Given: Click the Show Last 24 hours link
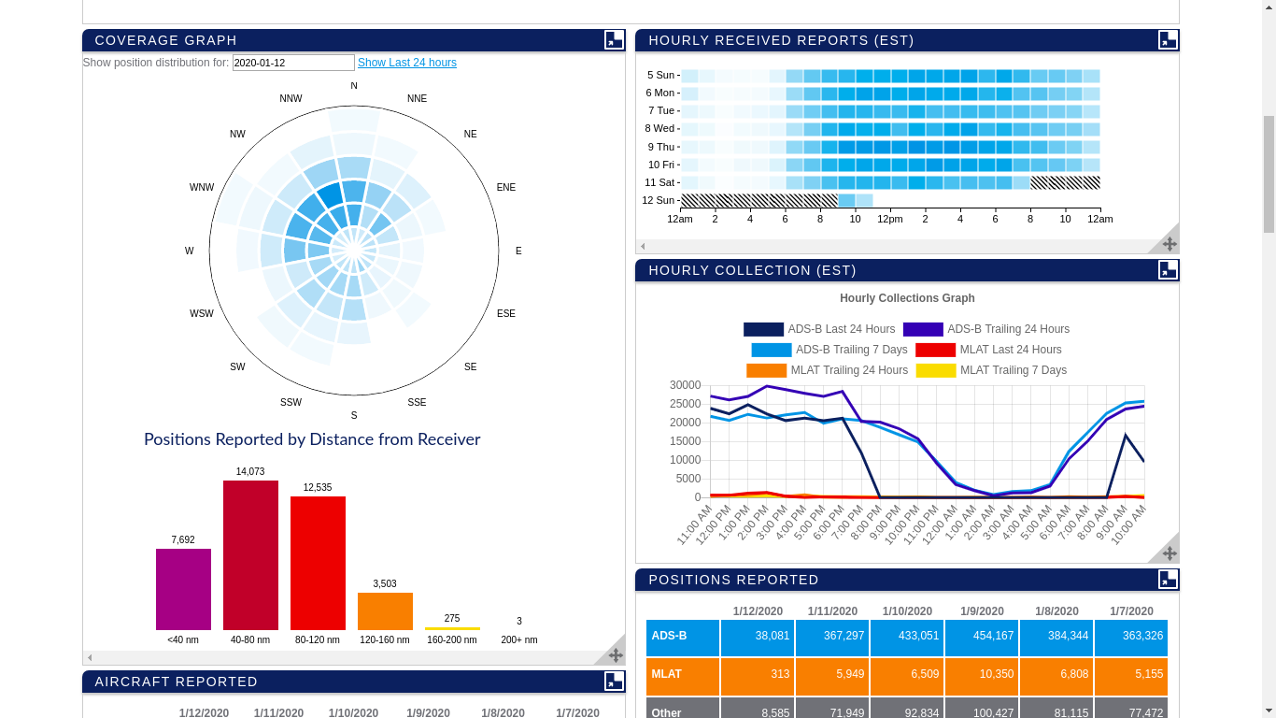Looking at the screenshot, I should [406, 63].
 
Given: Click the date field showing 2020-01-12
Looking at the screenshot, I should [293, 63].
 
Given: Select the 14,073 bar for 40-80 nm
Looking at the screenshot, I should [250, 555].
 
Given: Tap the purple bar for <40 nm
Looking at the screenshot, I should [183, 589].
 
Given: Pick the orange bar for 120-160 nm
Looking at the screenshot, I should [385, 611].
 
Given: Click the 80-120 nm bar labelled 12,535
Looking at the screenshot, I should [318, 563].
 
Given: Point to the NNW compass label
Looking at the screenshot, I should [291, 99].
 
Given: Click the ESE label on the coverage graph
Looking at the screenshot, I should [505, 314].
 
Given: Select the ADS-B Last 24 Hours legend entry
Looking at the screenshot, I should [819, 329].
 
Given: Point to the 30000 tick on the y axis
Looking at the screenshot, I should [685, 385].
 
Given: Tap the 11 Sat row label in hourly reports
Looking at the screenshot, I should [659, 183].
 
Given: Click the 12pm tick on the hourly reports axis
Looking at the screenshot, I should [889, 220].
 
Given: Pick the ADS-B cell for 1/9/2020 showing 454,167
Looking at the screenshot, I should [981, 637].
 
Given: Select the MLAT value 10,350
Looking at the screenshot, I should [981, 675].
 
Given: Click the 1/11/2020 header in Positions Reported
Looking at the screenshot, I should [832, 611].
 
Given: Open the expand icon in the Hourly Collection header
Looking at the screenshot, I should [1168, 270].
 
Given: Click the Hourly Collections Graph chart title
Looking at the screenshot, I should [907, 298].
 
